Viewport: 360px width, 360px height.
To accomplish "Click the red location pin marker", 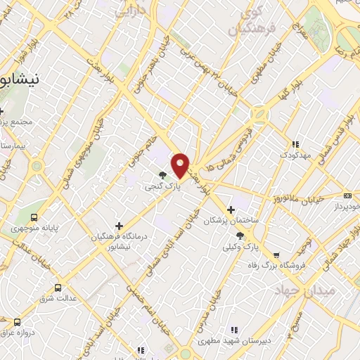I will [181, 165].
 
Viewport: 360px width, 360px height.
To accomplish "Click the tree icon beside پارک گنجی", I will [163, 175].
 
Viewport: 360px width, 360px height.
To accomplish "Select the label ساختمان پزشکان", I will [231, 221].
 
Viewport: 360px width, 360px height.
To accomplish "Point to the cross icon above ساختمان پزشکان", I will [231, 210].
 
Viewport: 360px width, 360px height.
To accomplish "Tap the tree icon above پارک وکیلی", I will [240, 236].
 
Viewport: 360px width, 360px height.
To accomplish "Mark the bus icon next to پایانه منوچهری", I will [34, 217].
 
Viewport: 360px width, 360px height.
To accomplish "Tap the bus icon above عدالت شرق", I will [58, 288].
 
